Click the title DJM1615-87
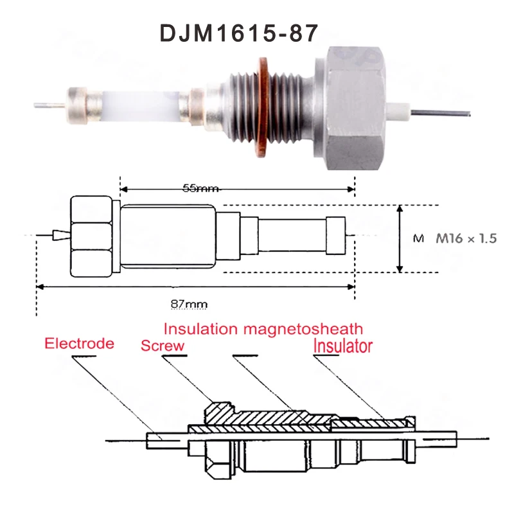(238, 33)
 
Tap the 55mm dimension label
(200, 188)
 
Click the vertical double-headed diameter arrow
(400, 238)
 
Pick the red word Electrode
(79, 343)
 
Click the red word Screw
(163, 346)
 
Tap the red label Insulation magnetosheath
(263, 329)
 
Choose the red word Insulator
(342, 346)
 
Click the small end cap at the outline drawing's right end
(337, 238)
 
